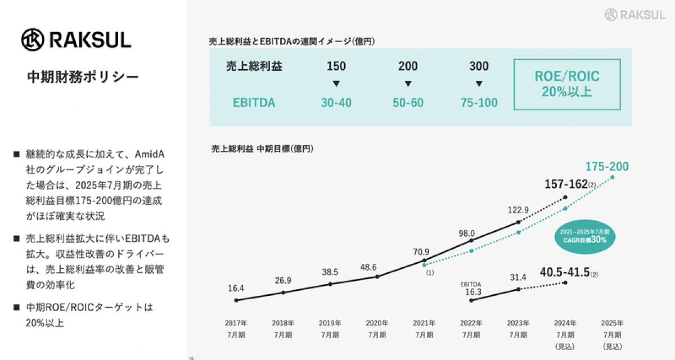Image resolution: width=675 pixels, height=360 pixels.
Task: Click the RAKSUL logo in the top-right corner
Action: tap(634, 15)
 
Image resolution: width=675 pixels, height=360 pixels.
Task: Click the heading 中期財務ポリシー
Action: tap(83, 76)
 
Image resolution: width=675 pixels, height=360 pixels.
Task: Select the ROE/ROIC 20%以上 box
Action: tap(567, 84)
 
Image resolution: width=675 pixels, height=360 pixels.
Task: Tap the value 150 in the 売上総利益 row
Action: tap(336, 66)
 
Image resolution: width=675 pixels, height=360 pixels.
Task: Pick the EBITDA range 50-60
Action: tap(408, 103)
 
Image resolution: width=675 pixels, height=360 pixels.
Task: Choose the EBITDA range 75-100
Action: tap(479, 103)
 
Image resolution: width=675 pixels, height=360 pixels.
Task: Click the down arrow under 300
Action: tap(479, 84)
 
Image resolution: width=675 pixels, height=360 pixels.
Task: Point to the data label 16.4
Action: tap(236, 288)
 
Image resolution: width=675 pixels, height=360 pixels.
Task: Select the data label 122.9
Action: tap(518, 210)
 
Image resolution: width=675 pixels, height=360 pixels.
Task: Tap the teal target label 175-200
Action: tap(607, 166)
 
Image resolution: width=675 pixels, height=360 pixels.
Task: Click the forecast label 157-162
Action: tap(566, 184)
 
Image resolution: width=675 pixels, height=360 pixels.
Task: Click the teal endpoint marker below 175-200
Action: tap(613, 177)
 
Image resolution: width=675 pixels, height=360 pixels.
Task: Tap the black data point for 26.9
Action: tap(283, 292)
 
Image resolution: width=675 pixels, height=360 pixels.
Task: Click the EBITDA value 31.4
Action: tap(518, 277)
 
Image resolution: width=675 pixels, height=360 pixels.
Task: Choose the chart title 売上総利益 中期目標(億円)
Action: tap(262, 149)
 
